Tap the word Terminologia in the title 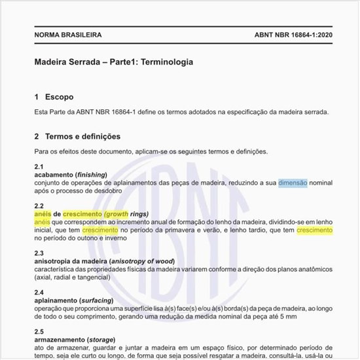164,62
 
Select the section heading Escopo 59,97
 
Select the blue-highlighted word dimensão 293,184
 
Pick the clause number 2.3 39,253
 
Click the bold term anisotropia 55,261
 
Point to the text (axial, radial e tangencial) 74,277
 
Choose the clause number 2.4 39,292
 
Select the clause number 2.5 39,331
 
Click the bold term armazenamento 60,340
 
